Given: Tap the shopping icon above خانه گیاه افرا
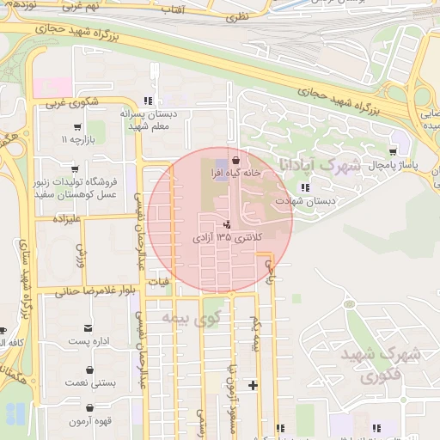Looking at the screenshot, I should pos(235,159).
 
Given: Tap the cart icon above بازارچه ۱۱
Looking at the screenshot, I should pos(65,138).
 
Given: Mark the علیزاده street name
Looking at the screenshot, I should pos(66,219).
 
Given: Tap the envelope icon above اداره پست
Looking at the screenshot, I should pos(88,327).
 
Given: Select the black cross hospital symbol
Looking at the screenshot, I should pos(253,384).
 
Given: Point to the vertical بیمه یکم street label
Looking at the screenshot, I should pos(254,333).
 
